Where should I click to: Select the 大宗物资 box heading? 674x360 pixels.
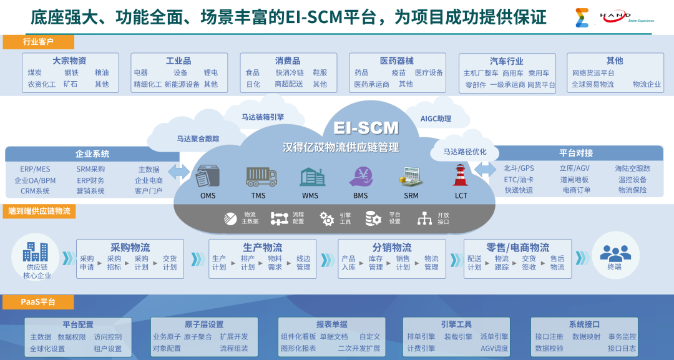click(69, 61)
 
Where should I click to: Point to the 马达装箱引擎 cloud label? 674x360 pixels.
click(263, 116)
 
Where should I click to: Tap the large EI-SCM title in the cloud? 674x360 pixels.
click(366, 128)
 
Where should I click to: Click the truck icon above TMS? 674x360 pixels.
click(261, 177)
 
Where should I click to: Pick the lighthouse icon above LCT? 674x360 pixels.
click(461, 175)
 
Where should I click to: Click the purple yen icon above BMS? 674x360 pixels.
click(361, 177)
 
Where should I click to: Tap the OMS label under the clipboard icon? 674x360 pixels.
click(208, 195)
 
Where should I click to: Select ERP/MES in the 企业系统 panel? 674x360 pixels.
click(35, 169)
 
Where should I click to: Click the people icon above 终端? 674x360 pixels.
click(615, 252)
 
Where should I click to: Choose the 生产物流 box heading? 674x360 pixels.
click(263, 248)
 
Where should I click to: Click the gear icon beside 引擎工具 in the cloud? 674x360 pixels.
click(326, 218)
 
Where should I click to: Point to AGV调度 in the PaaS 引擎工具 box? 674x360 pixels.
click(494, 348)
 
